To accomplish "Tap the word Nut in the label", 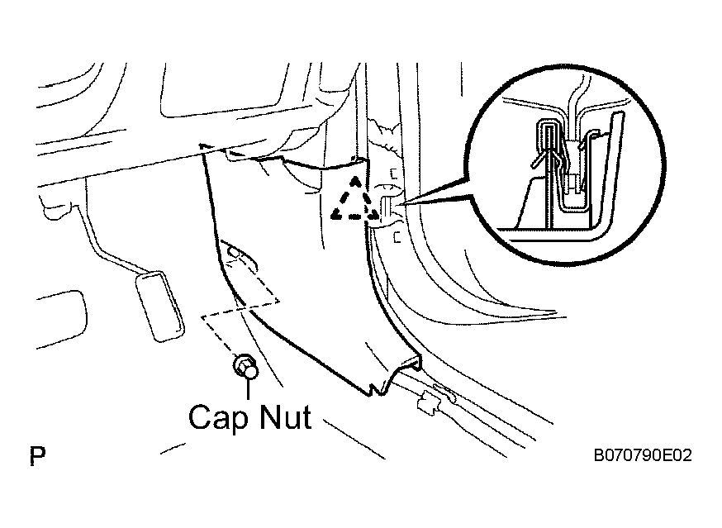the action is coord(286,417).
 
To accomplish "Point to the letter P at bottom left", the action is coord(37,455).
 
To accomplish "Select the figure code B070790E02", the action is coord(643,455).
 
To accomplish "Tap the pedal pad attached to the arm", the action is coord(159,306).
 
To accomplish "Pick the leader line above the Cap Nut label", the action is coord(249,389).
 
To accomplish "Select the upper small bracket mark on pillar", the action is coord(394,174).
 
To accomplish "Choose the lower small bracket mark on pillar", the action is coord(397,237).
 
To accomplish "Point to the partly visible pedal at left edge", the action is coord(61,319).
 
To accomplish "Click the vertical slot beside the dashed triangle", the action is coord(386,208).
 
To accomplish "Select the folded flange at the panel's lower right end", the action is coord(406,364).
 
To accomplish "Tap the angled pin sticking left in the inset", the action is coord(539,159).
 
